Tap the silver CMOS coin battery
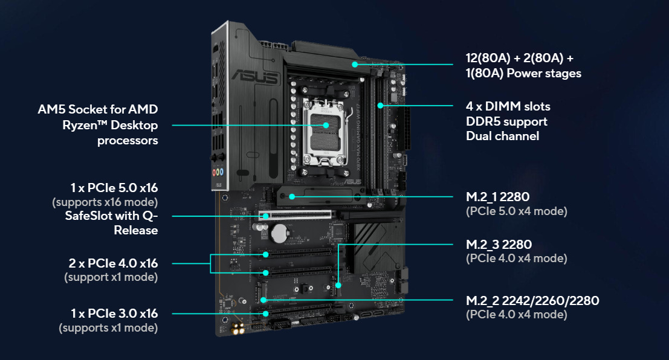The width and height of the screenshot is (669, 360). point(280,234)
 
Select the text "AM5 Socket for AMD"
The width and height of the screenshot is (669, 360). point(98,109)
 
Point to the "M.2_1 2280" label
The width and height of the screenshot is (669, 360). point(497,197)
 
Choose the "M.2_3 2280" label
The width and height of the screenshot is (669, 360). point(499,245)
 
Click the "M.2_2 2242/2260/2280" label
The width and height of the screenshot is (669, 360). point(532,301)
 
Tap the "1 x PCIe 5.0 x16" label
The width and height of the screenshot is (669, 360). point(114,188)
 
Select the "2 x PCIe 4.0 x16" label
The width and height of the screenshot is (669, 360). point(113,263)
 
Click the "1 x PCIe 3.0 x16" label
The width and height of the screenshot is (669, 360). point(114,313)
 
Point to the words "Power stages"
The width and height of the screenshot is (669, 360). point(544,73)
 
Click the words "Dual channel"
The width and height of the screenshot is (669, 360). point(502,136)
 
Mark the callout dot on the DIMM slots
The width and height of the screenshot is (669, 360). point(380,105)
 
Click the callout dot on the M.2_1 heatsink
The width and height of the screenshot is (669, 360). point(292,197)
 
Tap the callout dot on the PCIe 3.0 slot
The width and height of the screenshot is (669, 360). point(265,313)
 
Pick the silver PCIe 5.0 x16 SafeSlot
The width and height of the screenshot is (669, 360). point(295,214)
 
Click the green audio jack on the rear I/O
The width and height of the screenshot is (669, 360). point(218,172)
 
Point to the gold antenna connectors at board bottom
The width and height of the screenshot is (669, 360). point(238,329)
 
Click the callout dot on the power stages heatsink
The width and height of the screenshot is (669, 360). point(355,65)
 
